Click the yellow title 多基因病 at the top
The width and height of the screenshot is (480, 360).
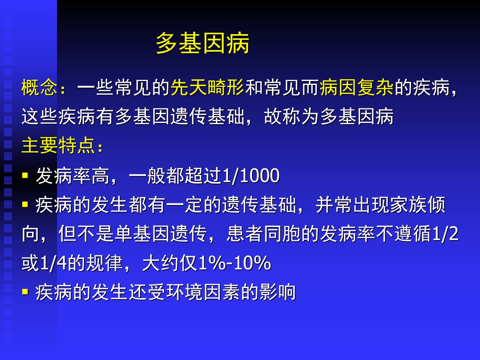click(x=203, y=43)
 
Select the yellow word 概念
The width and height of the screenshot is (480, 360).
click(x=39, y=87)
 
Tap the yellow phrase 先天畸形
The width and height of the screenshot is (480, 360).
click(x=207, y=87)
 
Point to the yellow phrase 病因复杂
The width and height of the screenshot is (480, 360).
click(x=357, y=87)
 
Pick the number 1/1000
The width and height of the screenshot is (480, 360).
click(x=251, y=176)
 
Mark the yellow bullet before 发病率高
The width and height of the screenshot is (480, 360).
click(x=25, y=175)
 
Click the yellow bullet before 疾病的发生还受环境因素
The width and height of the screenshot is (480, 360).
click(x=25, y=292)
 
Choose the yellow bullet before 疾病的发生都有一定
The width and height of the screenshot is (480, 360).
click(x=25, y=204)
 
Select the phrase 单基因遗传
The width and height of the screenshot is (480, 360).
click(x=161, y=234)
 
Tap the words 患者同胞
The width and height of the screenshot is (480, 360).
click(x=264, y=234)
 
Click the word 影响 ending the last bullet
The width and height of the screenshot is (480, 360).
click(x=277, y=292)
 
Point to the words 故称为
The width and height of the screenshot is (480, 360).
click(x=292, y=117)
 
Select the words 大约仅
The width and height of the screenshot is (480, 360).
click(x=170, y=263)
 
